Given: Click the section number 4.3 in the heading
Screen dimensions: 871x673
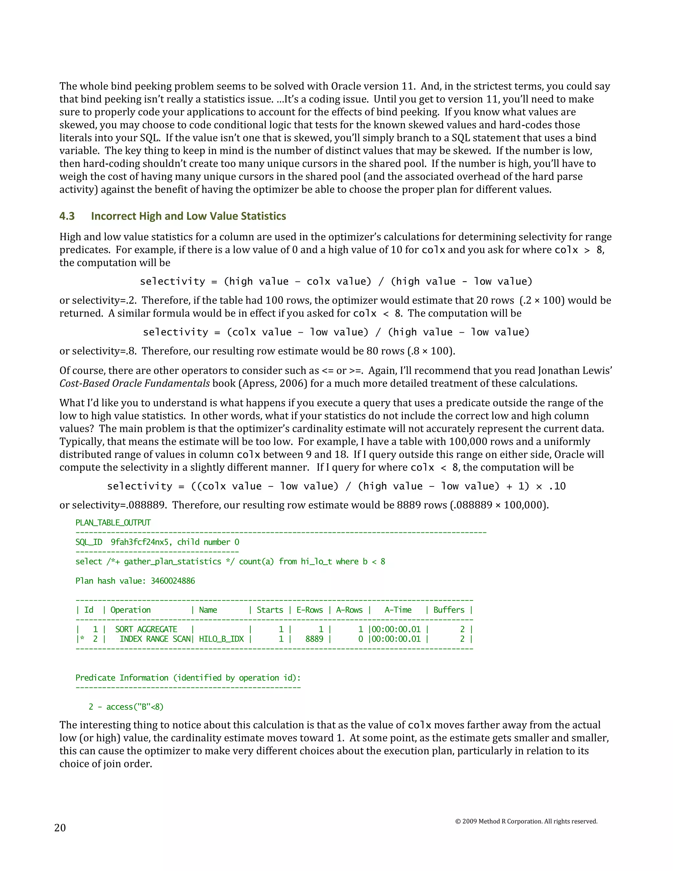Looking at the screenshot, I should coord(67,216).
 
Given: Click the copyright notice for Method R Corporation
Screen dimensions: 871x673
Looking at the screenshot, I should coord(526,821).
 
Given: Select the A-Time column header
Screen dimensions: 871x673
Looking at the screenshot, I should coord(398,610).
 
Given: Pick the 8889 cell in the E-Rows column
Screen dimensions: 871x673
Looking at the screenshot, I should coord(314,639).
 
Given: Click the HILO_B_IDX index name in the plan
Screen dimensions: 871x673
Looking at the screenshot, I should coord(221,639).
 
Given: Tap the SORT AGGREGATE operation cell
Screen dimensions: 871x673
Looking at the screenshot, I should coord(146,629).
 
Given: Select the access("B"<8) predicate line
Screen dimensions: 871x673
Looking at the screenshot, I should coord(126,707).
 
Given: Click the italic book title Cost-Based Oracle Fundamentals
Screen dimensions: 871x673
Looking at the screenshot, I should coord(134,384).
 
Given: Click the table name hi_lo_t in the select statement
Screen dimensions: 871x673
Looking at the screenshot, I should coord(316,561).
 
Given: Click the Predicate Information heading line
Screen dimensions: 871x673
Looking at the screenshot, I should coord(188,678).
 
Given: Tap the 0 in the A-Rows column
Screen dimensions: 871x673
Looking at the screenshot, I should coord(360,639).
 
